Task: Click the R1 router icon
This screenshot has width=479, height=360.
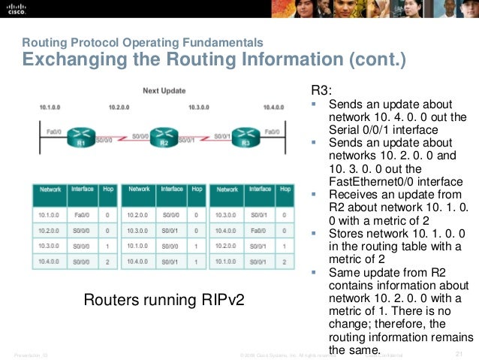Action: click(x=80, y=136)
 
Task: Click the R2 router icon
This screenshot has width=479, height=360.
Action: click(x=163, y=136)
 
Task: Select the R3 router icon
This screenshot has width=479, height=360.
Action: click(x=246, y=136)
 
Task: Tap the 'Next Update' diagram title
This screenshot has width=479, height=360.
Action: click(x=165, y=91)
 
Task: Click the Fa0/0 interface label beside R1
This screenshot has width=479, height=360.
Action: click(x=53, y=132)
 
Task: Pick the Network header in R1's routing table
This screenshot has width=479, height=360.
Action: click(x=51, y=189)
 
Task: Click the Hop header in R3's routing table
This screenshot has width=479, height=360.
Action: click(x=285, y=189)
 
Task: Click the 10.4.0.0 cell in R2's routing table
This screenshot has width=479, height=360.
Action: click(x=140, y=260)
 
